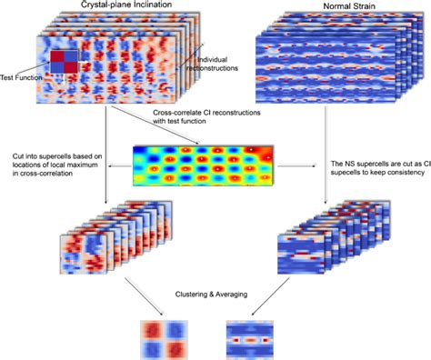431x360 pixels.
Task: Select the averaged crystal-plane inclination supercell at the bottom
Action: (x=159, y=333)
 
